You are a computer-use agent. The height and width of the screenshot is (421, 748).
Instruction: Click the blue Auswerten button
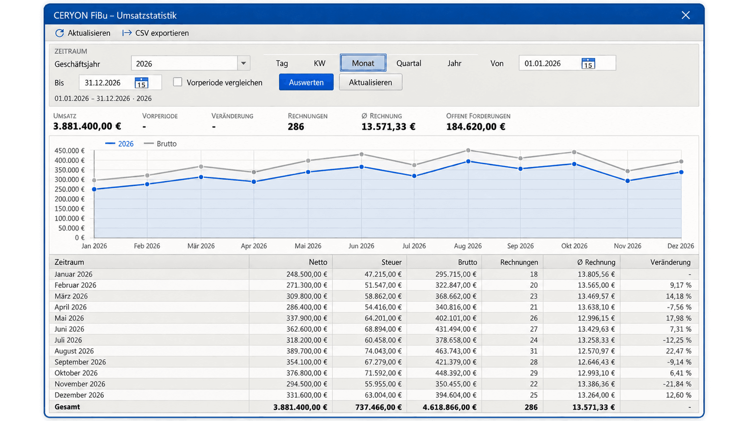point(306,82)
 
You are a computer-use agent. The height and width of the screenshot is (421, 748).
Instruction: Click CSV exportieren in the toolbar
point(156,33)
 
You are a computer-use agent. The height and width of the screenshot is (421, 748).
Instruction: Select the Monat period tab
point(363,63)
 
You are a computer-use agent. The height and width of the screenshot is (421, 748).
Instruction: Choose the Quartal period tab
point(409,63)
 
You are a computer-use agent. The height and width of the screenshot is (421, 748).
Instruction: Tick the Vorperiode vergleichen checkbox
point(178,82)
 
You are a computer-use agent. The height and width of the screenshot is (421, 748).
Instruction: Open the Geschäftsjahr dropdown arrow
point(243,63)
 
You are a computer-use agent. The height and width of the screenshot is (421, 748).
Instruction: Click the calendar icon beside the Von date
point(588,63)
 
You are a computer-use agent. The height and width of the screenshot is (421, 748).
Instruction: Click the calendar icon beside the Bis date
point(141,82)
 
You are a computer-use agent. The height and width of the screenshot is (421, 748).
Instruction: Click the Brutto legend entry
point(160,144)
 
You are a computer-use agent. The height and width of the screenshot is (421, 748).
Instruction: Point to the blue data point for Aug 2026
point(468,162)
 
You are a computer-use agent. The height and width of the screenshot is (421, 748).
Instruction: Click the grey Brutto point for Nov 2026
point(628,171)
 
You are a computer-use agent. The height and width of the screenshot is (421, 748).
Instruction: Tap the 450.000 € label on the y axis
point(69,151)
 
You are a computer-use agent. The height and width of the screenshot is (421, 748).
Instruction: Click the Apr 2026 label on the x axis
point(254,246)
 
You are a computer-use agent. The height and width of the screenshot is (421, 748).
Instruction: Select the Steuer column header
point(391,262)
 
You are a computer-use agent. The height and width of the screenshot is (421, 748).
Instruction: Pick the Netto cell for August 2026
point(306,351)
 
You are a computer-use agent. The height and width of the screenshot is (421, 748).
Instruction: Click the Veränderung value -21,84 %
point(677,384)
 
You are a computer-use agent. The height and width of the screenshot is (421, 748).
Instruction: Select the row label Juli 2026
point(68,340)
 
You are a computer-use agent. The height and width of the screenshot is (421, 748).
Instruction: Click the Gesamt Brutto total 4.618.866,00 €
point(450,407)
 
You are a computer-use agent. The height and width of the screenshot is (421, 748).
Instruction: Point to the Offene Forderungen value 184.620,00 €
point(476,127)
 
